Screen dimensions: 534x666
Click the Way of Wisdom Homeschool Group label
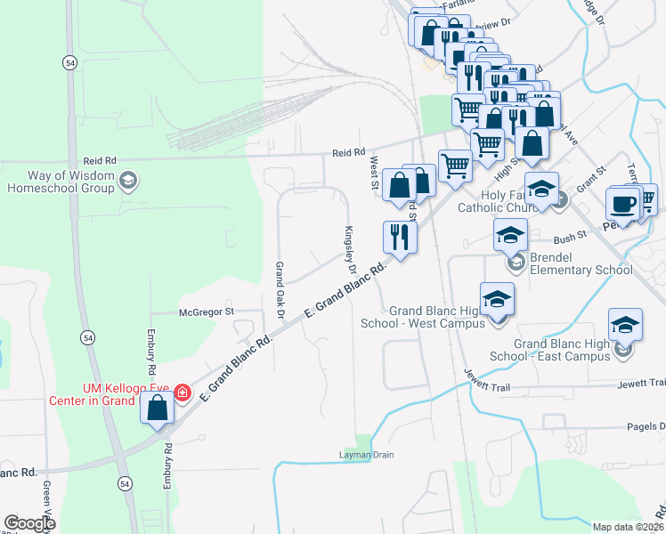61,182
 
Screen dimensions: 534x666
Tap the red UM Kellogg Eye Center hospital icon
182,392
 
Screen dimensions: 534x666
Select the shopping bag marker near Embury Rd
158,409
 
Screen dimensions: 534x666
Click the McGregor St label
206,312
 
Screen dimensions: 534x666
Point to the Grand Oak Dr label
279,290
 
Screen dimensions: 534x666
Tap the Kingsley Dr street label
350,248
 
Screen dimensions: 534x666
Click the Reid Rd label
349,153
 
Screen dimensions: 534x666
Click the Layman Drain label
366,455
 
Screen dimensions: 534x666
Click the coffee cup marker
623,204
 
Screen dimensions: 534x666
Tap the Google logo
29,523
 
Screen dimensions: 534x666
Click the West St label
375,173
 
